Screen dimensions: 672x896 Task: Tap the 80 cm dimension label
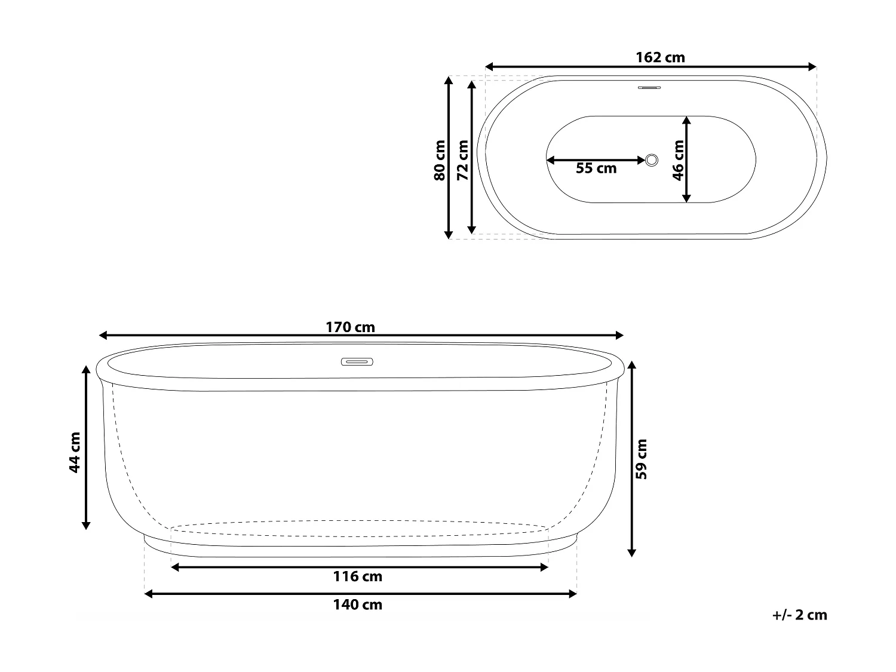439,160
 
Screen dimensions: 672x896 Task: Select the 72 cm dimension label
462,160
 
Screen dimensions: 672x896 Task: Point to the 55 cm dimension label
596,168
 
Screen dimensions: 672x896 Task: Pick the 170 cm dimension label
350,327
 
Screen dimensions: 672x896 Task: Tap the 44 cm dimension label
75,452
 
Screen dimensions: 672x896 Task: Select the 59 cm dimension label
641,459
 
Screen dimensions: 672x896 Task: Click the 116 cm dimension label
357,576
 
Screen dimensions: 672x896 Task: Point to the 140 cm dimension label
357,605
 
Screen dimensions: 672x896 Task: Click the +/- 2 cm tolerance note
799,615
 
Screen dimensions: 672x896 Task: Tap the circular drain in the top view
652,159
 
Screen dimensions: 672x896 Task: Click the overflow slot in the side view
357,361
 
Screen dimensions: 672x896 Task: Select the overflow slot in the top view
649,88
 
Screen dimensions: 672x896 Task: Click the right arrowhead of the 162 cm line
812,66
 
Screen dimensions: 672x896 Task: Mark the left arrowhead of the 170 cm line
103,336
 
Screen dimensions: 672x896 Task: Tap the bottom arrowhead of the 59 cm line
632,552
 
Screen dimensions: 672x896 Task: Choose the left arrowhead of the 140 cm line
149,594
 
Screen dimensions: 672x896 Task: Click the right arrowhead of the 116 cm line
544,567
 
